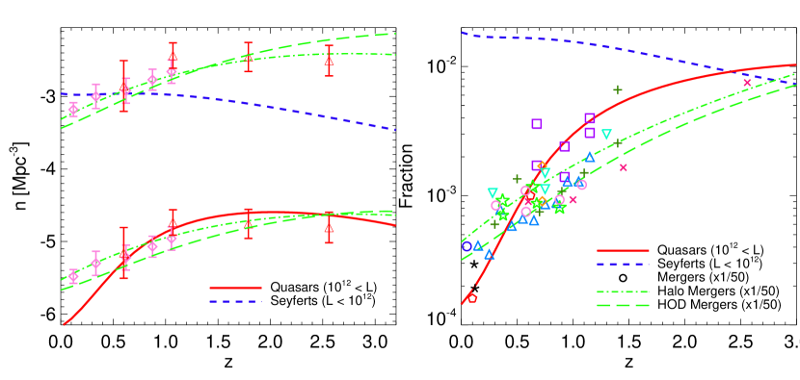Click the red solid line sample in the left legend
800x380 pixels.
pyautogui.click(x=235, y=287)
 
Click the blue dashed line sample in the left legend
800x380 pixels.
pyautogui.click(x=235, y=301)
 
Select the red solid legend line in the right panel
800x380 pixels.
pyautogui.click(x=623, y=250)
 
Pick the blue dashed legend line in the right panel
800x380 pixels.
pyautogui.click(x=623, y=264)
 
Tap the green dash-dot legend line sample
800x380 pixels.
pyautogui.click(x=623, y=291)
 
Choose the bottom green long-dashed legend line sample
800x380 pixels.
pyautogui.click(x=623, y=306)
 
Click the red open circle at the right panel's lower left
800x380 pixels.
pyautogui.click(x=471, y=298)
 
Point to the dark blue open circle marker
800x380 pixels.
pyautogui.click(x=467, y=246)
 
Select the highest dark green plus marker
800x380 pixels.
pyautogui.click(x=618, y=90)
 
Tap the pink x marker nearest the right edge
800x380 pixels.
pyautogui.click(x=747, y=83)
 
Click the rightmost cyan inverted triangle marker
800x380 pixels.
pyautogui.click(x=606, y=135)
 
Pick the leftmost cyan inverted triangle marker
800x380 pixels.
pyautogui.click(x=493, y=193)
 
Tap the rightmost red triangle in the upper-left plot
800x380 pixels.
pyautogui.click(x=329, y=60)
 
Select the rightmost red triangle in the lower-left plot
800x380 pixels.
pyautogui.click(x=329, y=227)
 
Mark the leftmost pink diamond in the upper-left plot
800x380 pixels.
pyautogui.click(x=73, y=110)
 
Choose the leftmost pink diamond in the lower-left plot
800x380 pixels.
pyautogui.click(x=73, y=276)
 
